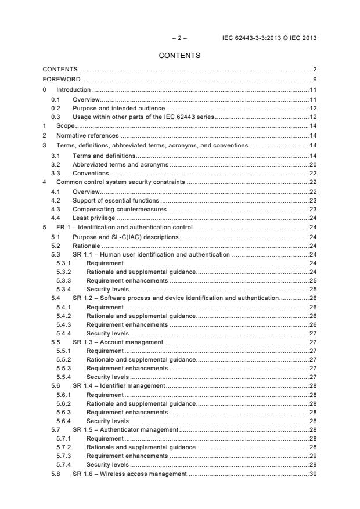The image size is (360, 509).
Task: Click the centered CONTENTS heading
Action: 179,56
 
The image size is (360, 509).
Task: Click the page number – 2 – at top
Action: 179,38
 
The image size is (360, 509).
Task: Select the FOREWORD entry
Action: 62,79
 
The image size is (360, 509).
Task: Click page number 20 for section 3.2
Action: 312,164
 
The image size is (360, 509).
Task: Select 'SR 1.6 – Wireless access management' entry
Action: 129,474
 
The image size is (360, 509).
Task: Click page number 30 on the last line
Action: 312,474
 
